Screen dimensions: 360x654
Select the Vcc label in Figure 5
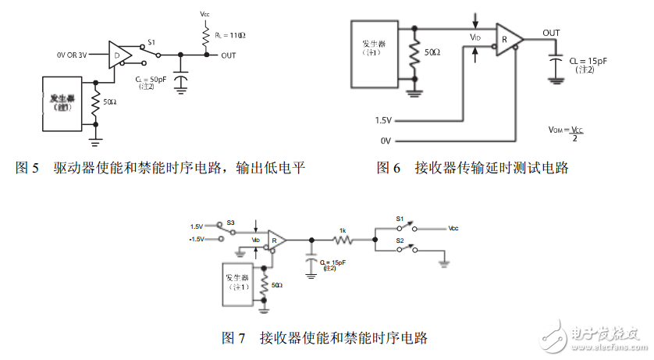[205, 15]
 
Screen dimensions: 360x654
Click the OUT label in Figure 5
[228, 55]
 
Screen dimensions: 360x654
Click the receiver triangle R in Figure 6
[506, 40]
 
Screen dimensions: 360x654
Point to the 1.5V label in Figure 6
[382, 119]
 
